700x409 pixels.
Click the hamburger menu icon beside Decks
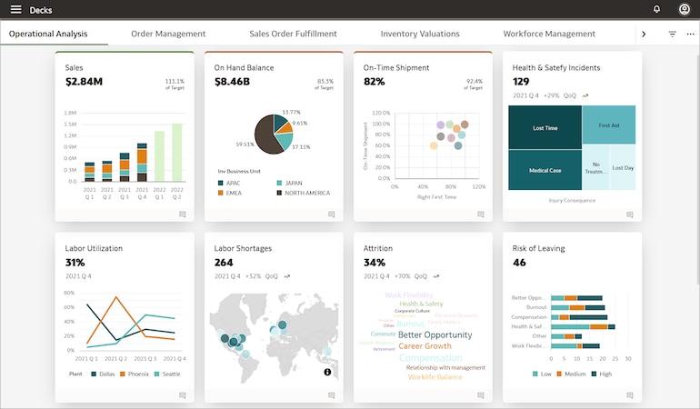[x=15, y=9]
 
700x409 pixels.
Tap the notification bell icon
[x=656, y=9]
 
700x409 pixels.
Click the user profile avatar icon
[x=684, y=9]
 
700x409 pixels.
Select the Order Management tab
[x=168, y=34]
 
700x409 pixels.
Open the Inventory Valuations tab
[x=420, y=34]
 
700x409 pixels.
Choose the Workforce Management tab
[x=549, y=34]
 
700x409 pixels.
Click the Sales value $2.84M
[x=84, y=82]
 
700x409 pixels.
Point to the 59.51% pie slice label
[x=245, y=145]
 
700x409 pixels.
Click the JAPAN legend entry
[x=292, y=182]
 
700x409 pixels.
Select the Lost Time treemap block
[x=545, y=129]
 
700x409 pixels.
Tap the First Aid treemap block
[x=609, y=125]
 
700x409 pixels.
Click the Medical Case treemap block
[x=545, y=171]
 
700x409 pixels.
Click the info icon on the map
[x=327, y=372]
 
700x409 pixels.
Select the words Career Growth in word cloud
[x=425, y=346]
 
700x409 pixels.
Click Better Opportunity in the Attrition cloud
[x=435, y=334]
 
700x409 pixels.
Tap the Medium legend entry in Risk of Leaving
[x=575, y=374]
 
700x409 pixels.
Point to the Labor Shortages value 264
[x=224, y=263]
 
